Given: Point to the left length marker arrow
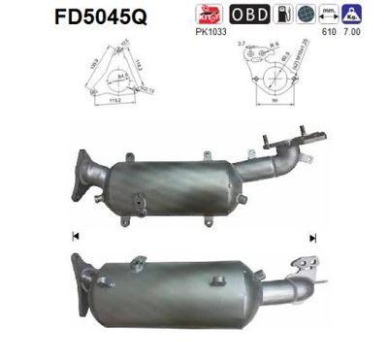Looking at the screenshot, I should point(76,236).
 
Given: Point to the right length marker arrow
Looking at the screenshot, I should point(313,236).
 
